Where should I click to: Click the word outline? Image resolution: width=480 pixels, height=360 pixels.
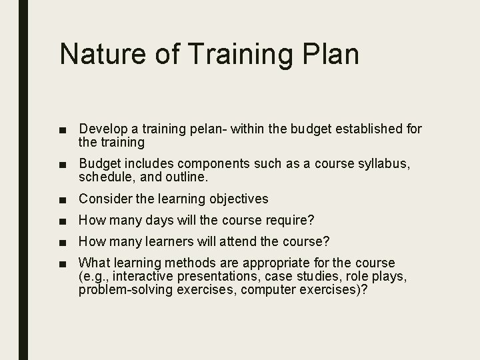pyautogui.click(x=189, y=177)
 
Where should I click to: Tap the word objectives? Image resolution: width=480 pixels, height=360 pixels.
pyautogui.click(x=235, y=199)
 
